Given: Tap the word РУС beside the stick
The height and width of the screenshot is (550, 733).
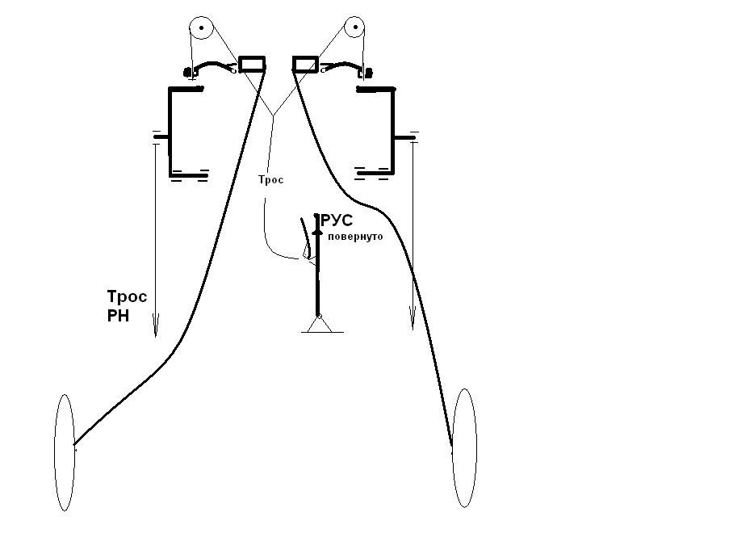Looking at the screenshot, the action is pyautogui.click(x=337, y=220).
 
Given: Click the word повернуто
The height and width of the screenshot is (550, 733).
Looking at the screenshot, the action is pyautogui.click(x=355, y=237).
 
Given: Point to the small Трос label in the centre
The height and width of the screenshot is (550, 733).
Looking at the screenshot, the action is pyautogui.click(x=271, y=179).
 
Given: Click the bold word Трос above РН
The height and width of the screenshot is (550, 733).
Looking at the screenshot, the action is pyautogui.click(x=127, y=296).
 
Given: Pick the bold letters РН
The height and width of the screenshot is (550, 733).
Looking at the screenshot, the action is pyautogui.click(x=118, y=316).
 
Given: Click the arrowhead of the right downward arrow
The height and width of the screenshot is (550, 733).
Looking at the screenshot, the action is pyautogui.click(x=413, y=318).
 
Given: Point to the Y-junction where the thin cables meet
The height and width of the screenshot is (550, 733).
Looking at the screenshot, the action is pyautogui.click(x=273, y=115).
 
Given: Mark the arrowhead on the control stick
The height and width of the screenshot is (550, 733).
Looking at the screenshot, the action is pyautogui.click(x=317, y=231).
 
